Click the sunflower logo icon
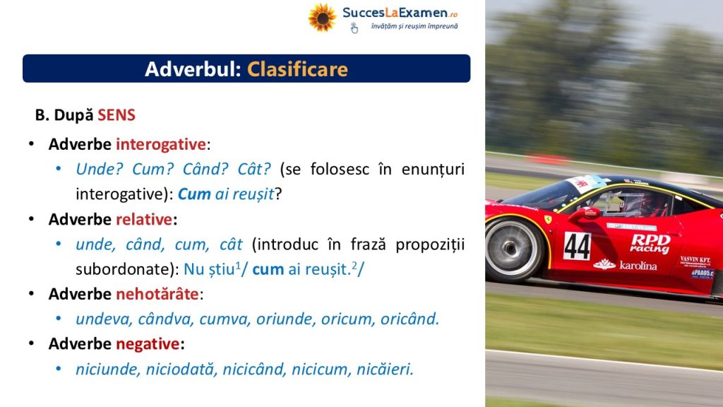pyautogui.click(x=322, y=18)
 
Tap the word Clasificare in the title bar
pyautogui.click(x=297, y=69)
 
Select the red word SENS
pyautogui.click(x=116, y=115)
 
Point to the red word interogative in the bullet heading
pyautogui.click(x=160, y=144)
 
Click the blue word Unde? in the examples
pyautogui.click(x=100, y=169)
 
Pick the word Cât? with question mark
pyautogui.click(x=254, y=169)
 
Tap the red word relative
pyautogui.click(x=144, y=219)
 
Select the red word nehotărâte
pyautogui.click(x=157, y=294)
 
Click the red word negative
pyautogui.click(x=148, y=344)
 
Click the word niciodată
pyautogui.click(x=181, y=369)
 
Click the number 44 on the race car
pyautogui.click(x=577, y=246)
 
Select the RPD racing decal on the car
pyautogui.click(x=650, y=243)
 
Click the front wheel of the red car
pyautogui.click(x=514, y=248)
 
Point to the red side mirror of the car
pyautogui.click(x=585, y=213)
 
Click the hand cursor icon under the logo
pyautogui.click(x=354, y=28)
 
